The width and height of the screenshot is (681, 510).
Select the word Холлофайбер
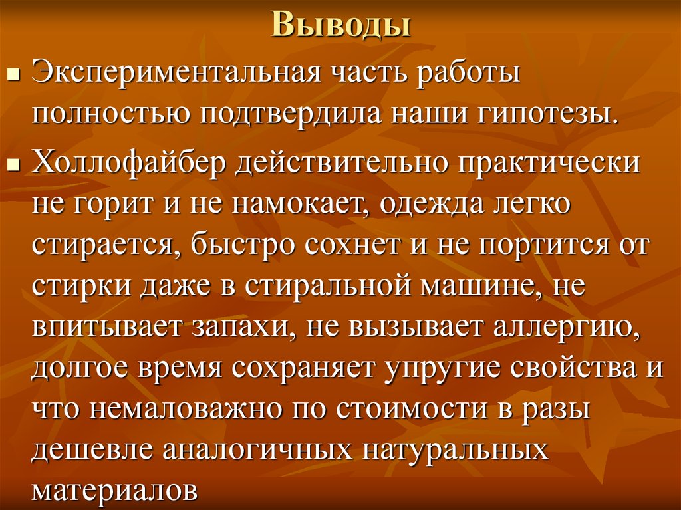(x=126, y=164)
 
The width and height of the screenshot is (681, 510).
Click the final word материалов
(x=116, y=491)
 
